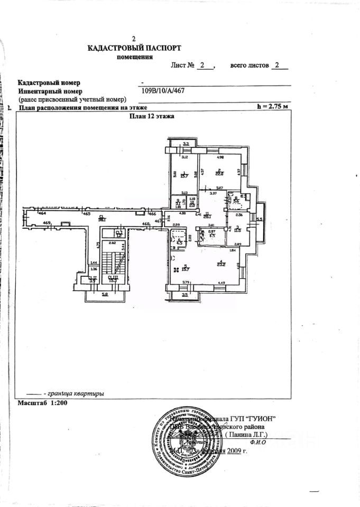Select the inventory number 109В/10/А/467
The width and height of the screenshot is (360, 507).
(x=163, y=90)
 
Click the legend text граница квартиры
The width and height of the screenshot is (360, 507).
(x=75, y=393)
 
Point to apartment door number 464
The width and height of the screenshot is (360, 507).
(x=42, y=213)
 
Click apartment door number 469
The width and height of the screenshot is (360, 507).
(x=47, y=223)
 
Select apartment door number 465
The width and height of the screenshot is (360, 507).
(x=87, y=213)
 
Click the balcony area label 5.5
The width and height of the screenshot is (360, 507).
(x=260, y=219)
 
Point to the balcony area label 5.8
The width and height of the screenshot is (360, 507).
(x=105, y=294)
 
